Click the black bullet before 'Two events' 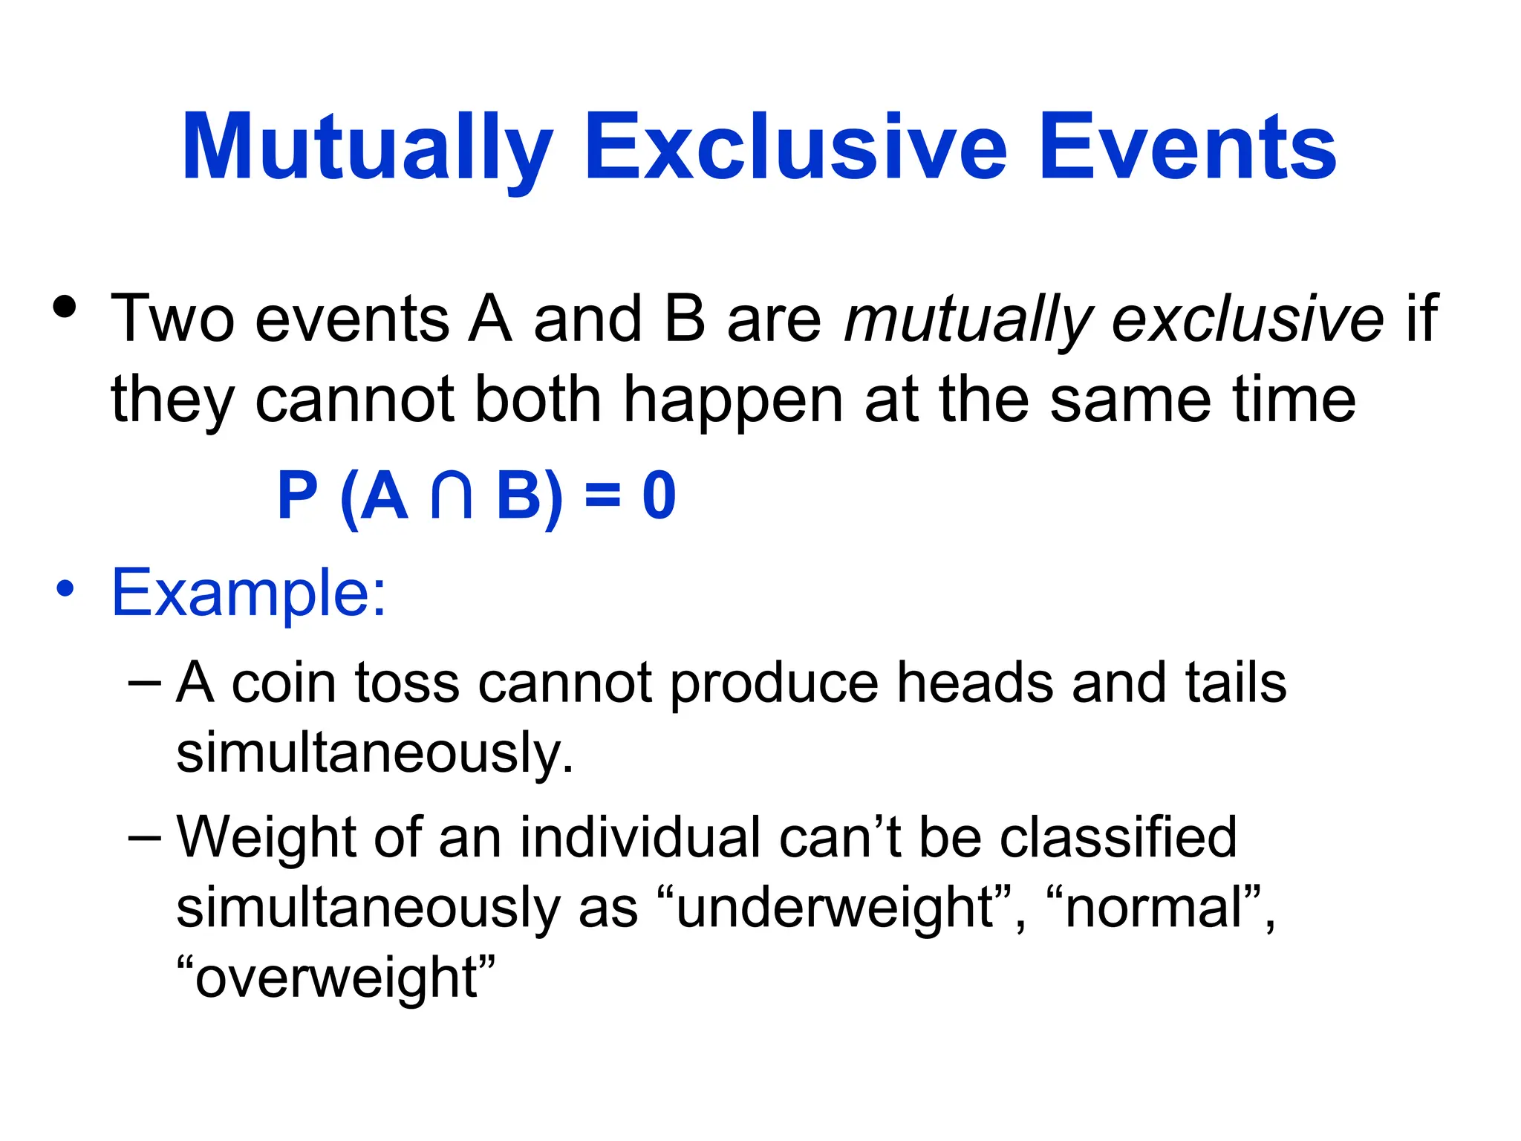[x=65, y=308]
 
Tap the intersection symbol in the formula [x=452, y=496]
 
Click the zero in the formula [x=659, y=496]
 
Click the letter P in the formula [x=297, y=496]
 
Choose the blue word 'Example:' [x=249, y=593]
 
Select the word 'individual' [x=639, y=837]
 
